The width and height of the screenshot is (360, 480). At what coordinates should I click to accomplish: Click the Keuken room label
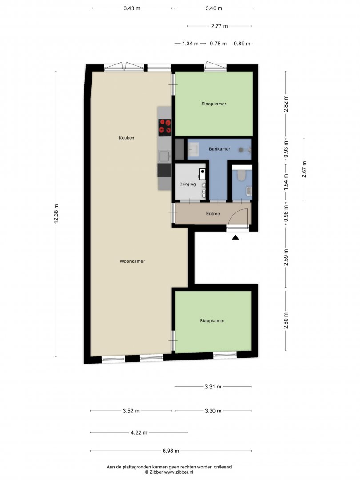pos(126,138)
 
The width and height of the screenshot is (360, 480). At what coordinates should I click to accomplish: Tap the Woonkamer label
pos(132,261)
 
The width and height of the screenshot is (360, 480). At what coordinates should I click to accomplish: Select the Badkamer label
pos(220,149)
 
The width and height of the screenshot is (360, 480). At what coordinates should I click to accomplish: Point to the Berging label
pos(188,184)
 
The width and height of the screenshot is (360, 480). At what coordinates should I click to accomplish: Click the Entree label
pos(213,214)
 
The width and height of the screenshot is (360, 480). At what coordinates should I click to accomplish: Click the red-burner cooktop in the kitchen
pos(165,128)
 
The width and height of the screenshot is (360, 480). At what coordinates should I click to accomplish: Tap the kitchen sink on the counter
pos(164,156)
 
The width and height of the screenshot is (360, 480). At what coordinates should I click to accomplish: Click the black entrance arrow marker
pos(235,237)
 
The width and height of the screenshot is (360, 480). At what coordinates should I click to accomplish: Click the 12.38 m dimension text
pos(56,214)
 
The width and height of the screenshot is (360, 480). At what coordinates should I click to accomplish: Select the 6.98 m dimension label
pos(171,451)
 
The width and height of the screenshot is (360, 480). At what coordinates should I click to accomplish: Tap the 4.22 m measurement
pos(139,432)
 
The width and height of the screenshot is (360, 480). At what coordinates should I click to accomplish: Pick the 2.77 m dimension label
pos(219,26)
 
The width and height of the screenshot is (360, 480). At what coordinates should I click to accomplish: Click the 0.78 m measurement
pos(218,44)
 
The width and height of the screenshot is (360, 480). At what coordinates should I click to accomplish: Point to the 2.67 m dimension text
pos(304,169)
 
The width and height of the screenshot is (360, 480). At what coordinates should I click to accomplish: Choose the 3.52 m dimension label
pos(131,411)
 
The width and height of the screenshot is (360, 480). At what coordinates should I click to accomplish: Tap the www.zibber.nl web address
pos(179,472)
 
